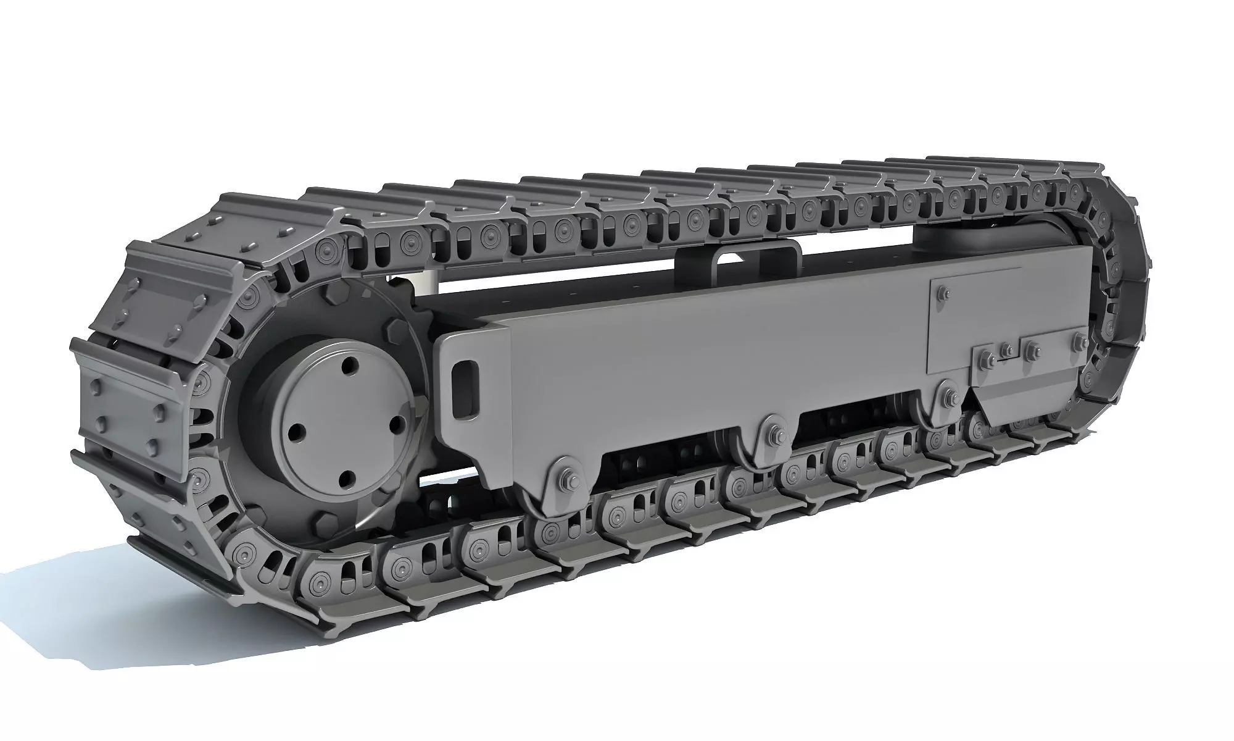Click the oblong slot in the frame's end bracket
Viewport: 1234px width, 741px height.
pyautogui.click(x=463, y=391)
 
